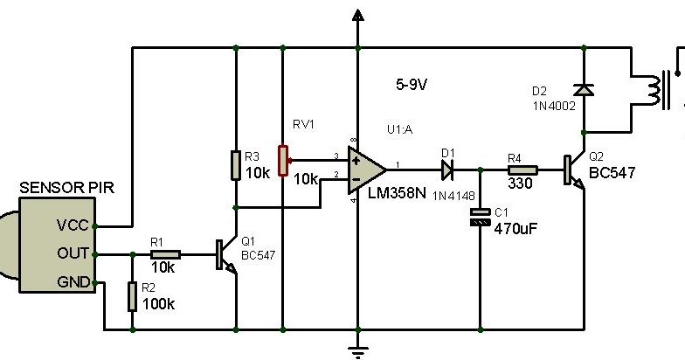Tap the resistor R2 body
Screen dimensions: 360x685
point(132,296)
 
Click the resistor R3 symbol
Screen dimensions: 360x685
point(236,165)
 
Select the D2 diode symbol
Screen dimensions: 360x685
point(581,90)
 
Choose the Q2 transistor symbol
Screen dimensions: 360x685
point(574,170)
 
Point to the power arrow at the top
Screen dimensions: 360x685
point(356,15)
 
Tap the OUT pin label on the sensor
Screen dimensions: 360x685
point(72,254)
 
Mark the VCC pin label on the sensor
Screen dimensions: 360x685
point(72,225)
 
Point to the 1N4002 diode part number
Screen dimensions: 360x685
point(554,106)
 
